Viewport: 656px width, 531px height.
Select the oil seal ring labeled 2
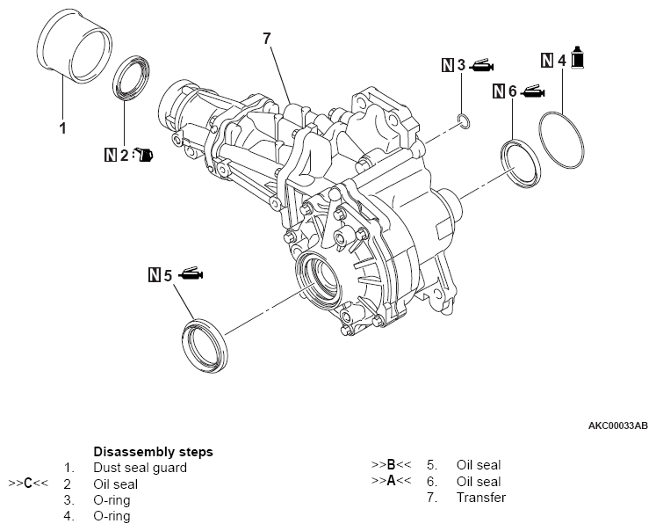click(x=134, y=78)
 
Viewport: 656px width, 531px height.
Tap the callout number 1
click(x=62, y=128)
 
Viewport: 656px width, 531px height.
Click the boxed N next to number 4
click(x=547, y=60)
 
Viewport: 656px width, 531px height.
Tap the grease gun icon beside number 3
click(x=482, y=64)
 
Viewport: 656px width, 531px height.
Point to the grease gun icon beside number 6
click(x=533, y=90)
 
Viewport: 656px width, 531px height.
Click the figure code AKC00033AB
click(x=617, y=426)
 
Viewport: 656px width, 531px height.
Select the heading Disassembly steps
click(x=153, y=452)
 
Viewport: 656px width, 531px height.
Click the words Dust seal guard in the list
click(x=140, y=468)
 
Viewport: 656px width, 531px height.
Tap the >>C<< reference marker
click(x=26, y=484)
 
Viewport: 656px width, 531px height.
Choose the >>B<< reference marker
click(x=391, y=464)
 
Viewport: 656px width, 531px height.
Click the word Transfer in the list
click(x=481, y=498)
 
